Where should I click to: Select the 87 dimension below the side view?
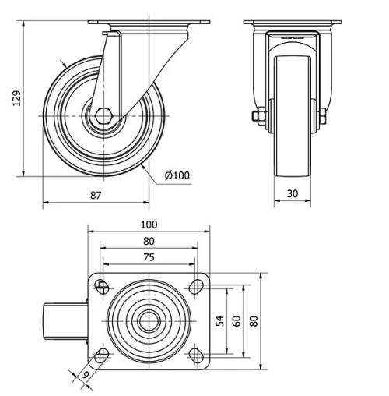click(96, 196)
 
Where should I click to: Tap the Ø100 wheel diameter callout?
click(177, 175)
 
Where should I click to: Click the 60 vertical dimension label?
click(235, 320)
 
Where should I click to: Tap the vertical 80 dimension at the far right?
click(254, 320)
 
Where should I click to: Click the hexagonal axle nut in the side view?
click(105, 117)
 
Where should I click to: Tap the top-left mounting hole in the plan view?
click(101, 288)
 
